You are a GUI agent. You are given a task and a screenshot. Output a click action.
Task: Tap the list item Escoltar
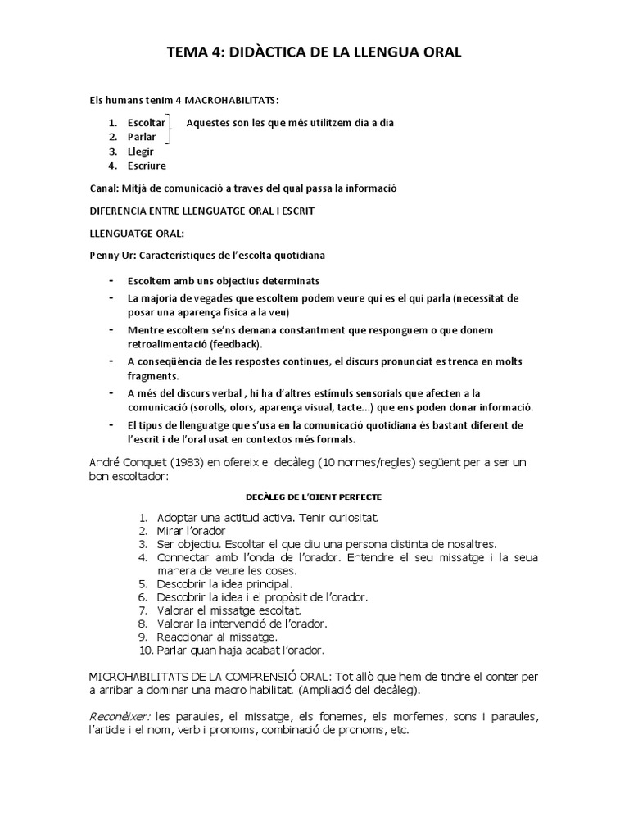coord(147,123)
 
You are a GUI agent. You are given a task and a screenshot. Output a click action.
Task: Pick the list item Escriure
coord(147,165)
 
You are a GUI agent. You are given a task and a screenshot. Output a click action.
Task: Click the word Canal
coord(102,188)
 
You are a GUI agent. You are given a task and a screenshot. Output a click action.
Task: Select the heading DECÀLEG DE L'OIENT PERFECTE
coord(313,497)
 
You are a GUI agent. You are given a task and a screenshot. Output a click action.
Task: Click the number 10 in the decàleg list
coord(145,650)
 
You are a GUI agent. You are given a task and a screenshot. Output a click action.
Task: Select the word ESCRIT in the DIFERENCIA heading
coord(296,211)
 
